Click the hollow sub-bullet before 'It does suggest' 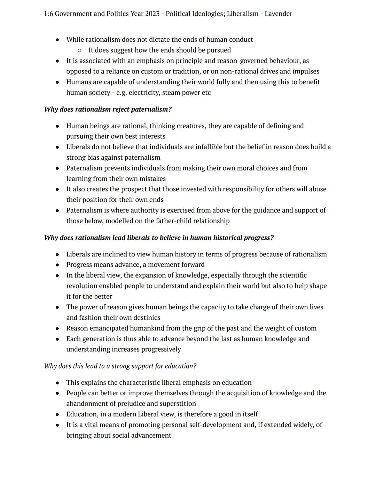pos(80,50)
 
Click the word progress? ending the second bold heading pos(259,238)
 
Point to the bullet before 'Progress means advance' pos(57,265)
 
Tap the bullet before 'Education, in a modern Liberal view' pos(57,415)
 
